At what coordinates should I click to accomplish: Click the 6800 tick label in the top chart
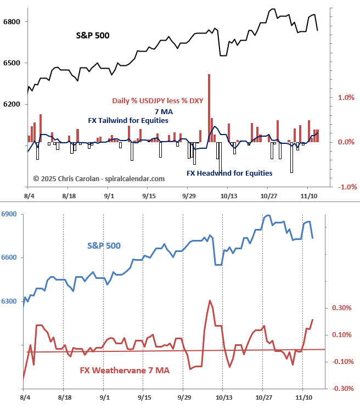pyautogui.click(x=12, y=22)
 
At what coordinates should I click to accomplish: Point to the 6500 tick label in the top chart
pyautogui.click(x=12, y=63)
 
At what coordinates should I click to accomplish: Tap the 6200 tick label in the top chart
pyautogui.click(x=12, y=104)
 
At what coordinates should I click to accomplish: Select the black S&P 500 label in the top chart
pyautogui.click(x=92, y=36)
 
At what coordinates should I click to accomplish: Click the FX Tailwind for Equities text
pyautogui.click(x=128, y=120)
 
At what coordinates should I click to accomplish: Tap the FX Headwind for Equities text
pyautogui.click(x=229, y=173)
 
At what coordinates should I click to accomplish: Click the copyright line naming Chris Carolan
pyautogui.click(x=99, y=178)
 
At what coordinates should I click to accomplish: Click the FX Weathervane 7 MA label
pyautogui.click(x=125, y=371)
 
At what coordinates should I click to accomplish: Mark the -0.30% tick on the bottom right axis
pyautogui.click(x=341, y=389)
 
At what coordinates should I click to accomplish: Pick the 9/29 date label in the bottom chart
pyautogui.click(x=184, y=396)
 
